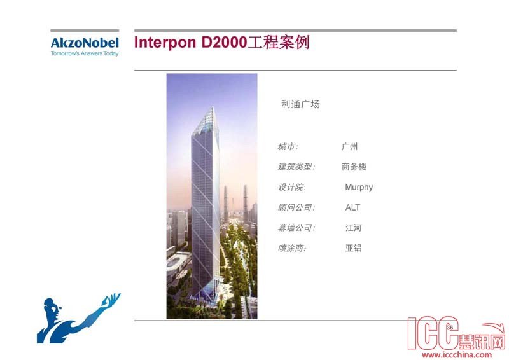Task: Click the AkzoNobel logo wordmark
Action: (x=85, y=43)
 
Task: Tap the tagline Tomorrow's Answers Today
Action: (x=85, y=53)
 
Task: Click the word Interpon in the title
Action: (x=165, y=43)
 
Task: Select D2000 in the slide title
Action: (x=225, y=42)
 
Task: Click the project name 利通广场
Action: (x=300, y=104)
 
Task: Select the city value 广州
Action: (x=349, y=147)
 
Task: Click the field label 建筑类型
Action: (x=296, y=167)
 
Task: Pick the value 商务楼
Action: (x=354, y=167)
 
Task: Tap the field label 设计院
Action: (x=292, y=187)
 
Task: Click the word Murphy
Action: (x=359, y=187)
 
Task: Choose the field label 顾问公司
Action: (x=296, y=207)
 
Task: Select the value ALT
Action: (x=352, y=207)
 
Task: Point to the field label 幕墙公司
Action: (x=296, y=228)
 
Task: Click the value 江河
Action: (x=354, y=228)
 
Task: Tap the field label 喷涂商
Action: (x=292, y=248)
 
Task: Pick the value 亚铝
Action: (x=354, y=248)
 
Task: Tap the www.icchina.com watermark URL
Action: (x=457, y=355)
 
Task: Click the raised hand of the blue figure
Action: (x=111, y=300)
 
